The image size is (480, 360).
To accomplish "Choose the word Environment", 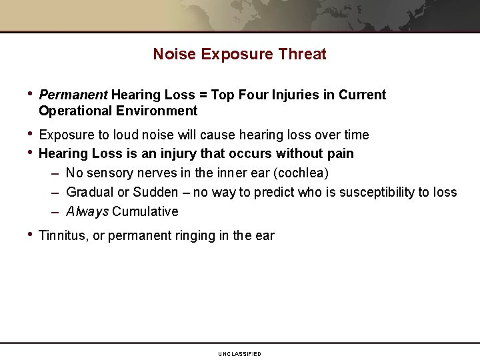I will tap(157, 111).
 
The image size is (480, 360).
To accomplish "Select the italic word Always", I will tap(87, 211).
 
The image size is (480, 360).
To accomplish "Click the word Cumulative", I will tap(145, 211).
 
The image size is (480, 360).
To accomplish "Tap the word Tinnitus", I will tap(63, 235).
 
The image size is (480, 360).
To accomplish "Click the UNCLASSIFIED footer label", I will tap(239, 353).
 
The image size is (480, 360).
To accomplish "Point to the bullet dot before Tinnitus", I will tap(30, 234).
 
